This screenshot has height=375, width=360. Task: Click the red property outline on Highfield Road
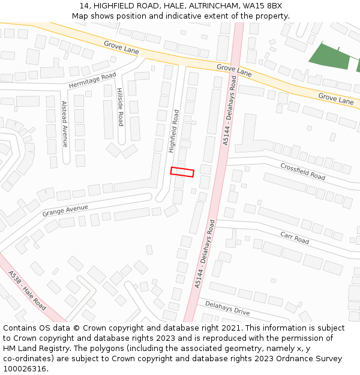click(182, 172)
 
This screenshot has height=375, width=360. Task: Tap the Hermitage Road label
click(92, 80)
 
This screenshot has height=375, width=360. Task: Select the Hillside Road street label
click(120, 107)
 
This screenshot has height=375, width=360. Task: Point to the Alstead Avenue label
click(65, 124)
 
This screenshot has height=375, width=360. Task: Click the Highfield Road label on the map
click(174, 130)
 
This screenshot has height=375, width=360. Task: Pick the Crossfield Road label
click(302, 172)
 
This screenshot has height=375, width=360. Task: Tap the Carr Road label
click(295, 238)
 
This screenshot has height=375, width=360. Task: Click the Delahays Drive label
click(227, 308)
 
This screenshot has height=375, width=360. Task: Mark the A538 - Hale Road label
click(27, 290)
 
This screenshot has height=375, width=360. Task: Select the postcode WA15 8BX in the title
click(262, 6)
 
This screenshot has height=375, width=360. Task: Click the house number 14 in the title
click(84, 6)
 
